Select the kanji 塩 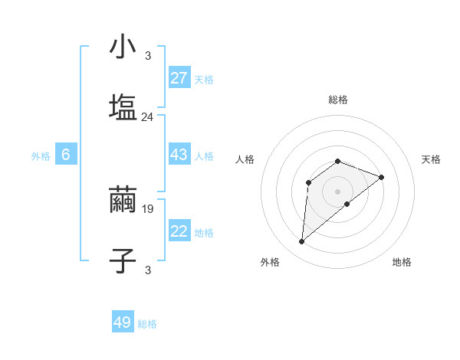[x=123, y=107]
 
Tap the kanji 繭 [x=123, y=200]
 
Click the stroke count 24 [x=148, y=117]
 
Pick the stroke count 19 [x=148, y=208]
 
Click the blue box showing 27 [x=179, y=78]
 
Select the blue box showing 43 [x=179, y=155]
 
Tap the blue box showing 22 [x=179, y=231]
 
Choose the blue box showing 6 [x=66, y=155]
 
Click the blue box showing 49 [x=123, y=322]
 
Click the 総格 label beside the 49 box [x=147, y=324]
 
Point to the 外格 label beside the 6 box [x=41, y=156]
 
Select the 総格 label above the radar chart [x=338, y=100]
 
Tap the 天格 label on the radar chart [x=432, y=159]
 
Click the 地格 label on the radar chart [x=402, y=262]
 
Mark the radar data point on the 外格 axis [x=301, y=242]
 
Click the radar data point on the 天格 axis [x=382, y=177]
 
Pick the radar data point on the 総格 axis [x=338, y=161]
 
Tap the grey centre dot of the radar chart [x=338, y=191]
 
